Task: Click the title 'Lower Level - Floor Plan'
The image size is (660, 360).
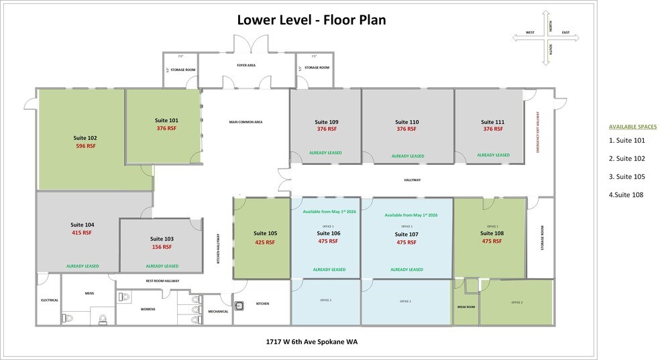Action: pos(311,19)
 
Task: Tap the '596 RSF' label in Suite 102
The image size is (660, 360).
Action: pos(85,145)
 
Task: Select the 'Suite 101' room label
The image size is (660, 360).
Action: pos(166,121)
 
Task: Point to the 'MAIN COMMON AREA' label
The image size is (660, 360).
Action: pos(245,122)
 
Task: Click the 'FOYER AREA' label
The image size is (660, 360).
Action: pos(247,65)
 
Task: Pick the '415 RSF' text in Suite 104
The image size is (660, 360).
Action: pos(81,233)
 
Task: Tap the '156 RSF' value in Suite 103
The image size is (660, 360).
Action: pos(162,247)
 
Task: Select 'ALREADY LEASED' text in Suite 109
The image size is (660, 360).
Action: pos(325,153)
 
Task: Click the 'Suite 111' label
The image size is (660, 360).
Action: pos(492,122)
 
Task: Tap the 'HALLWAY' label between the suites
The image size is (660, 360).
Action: pos(412,180)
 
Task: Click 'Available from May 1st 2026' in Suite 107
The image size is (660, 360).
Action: pos(410,215)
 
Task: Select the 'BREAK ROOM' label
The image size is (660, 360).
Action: pos(465,306)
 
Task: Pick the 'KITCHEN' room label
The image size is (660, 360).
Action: pos(263,304)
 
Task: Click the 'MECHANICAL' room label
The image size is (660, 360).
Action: pos(218,311)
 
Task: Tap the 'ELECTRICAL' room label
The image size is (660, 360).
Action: pos(50,300)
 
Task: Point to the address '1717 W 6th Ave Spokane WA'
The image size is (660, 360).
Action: pos(311,341)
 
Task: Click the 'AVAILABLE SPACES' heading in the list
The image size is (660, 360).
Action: pos(632,126)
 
